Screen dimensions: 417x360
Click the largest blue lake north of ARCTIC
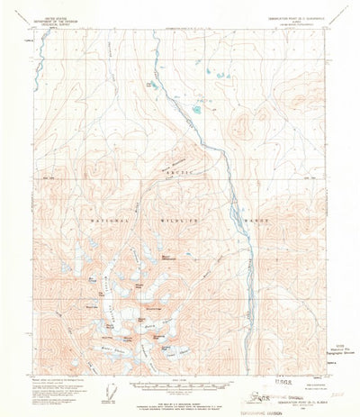point(196,110)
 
